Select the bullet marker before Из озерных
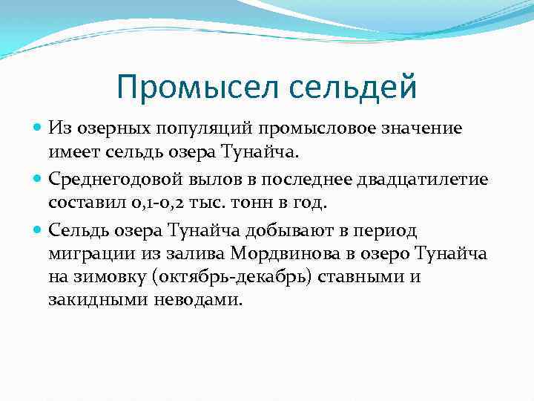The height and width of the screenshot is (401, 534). pos(39,128)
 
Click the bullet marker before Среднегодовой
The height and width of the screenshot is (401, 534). pos(39,179)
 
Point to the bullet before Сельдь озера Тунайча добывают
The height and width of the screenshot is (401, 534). pos(39,229)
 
